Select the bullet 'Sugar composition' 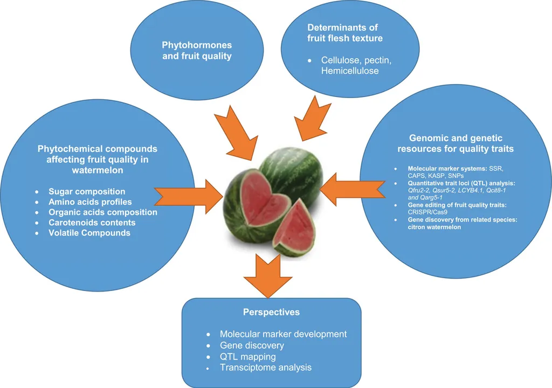point(87,191)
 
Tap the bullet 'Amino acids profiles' point(90,202)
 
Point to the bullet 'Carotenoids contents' point(92,223)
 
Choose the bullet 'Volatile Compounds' point(89,233)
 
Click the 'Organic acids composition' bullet point(103,212)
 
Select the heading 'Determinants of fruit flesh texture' point(343,32)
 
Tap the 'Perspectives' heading point(271,313)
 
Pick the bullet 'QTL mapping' point(248,356)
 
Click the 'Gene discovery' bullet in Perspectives point(252,345)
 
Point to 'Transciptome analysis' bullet point(266,368)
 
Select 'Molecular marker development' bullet point(283,334)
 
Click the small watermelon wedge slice point(295,228)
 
